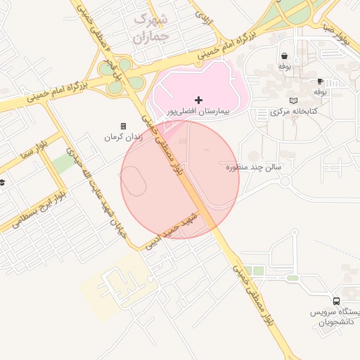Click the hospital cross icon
coord(199,100)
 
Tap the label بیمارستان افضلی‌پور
coord(198,112)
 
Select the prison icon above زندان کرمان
coord(124,126)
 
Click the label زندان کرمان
coord(124,136)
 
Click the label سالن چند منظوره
coord(254,167)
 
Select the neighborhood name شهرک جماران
coord(151,27)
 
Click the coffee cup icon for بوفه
coord(320,82)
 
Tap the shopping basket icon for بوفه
coord(284,56)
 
